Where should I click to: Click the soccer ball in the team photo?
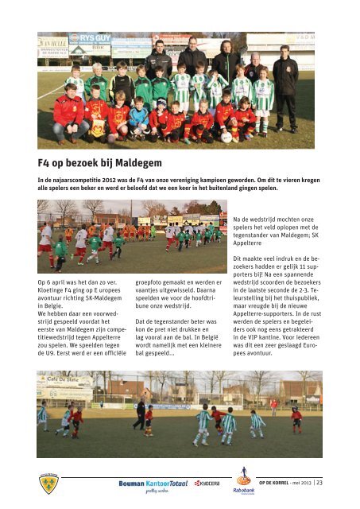click(x=226, y=136)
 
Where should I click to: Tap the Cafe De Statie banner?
click(x=64, y=381)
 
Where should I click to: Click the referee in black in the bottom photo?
click(x=141, y=411)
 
